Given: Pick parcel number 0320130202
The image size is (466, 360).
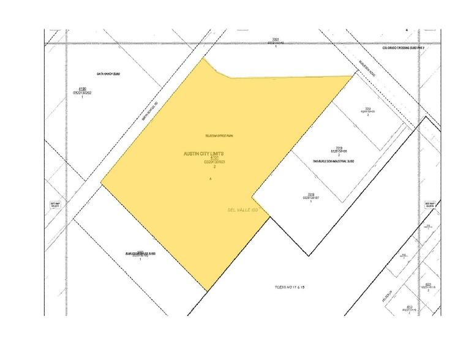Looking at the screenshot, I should pos(82,93).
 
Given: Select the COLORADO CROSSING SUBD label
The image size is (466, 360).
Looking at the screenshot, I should pos(402,48).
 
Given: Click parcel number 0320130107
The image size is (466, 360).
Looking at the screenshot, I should pos(312,198).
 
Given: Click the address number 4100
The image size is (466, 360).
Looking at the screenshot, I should pos(82,88).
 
